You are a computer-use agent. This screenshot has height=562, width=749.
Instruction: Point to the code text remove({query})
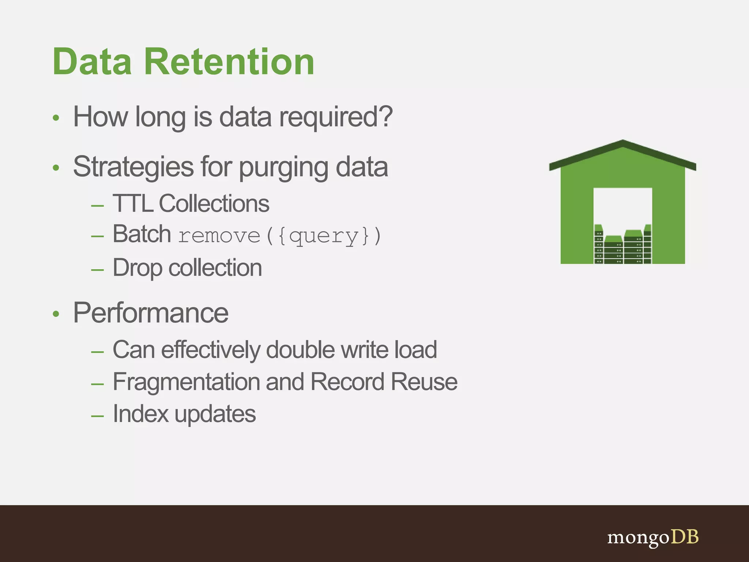click(279, 236)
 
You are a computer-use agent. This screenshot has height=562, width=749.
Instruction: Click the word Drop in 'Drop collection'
click(137, 268)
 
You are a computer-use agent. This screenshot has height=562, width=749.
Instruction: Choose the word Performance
click(151, 313)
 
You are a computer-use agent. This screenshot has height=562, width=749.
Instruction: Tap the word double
click(300, 350)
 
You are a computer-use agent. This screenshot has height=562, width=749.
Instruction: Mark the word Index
click(140, 414)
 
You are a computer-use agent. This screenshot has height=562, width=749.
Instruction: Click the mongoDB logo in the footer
click(653, 537)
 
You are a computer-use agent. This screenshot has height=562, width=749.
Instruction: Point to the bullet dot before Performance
click(56, 314)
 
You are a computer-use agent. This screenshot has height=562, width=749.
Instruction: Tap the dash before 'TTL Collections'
click(98, 206)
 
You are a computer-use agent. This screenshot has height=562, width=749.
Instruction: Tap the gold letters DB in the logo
click(684, 537)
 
